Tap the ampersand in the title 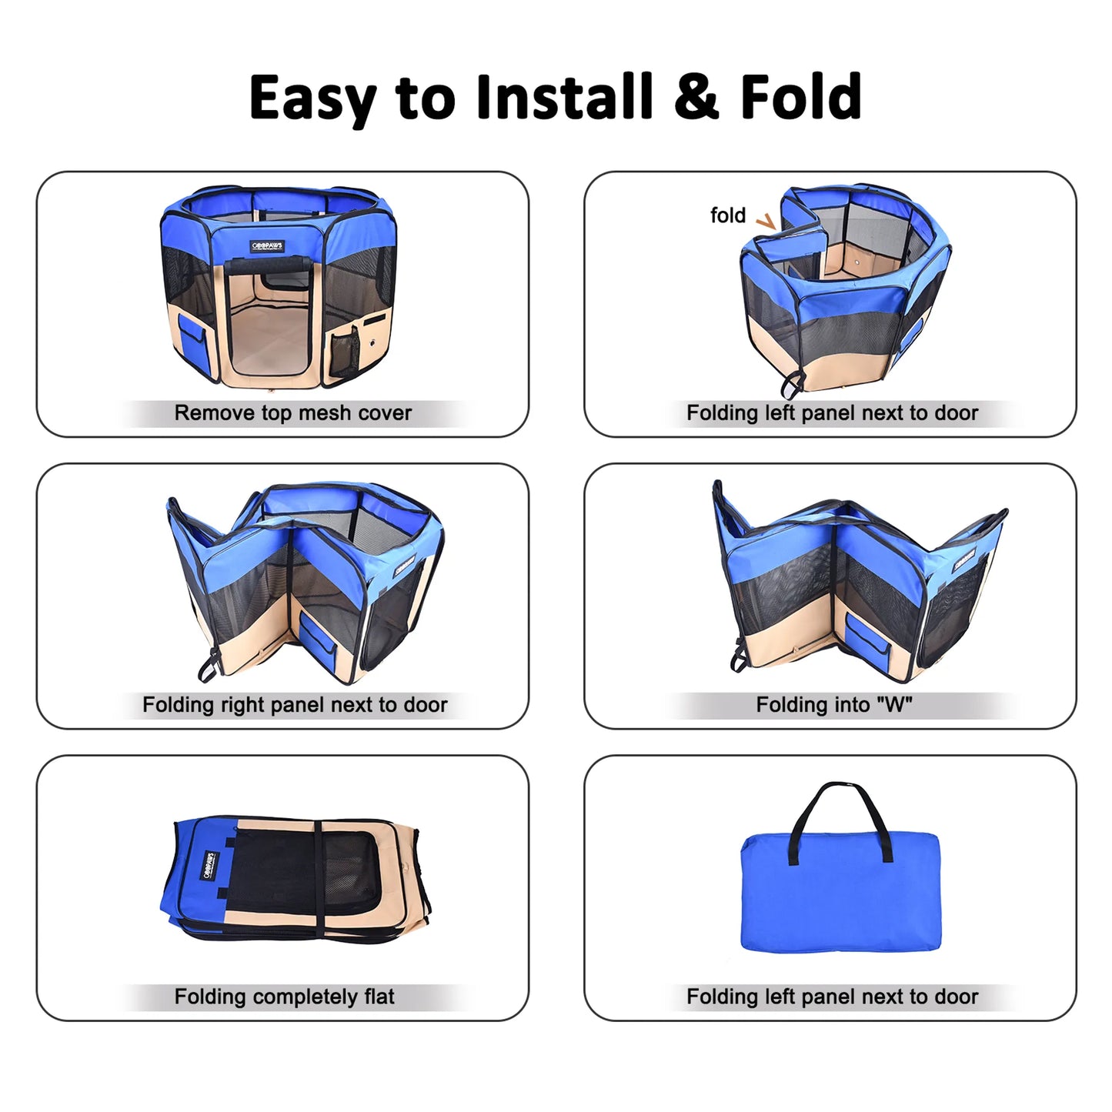pyautogui.click(x=697, y=98)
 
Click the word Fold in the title pyautogui.click(x=800, y=98)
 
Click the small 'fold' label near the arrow pyautogui.click(x=727, y=215)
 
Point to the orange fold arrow pyautogui.click(x=766, y=222)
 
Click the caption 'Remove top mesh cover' pyautogui.click(x=292, y=413)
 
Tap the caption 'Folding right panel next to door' pyautogui.click(x=295, y=705)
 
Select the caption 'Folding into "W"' pyautogui.click(x=834, y=705)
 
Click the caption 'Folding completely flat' pyautogui.click(x=284, y=997)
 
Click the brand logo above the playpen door pyautogui.click(x=268, y=246)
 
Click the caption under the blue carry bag pyautogui.click(x=832, y=997)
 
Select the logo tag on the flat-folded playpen pyautogui.click(x=208, y=866)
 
